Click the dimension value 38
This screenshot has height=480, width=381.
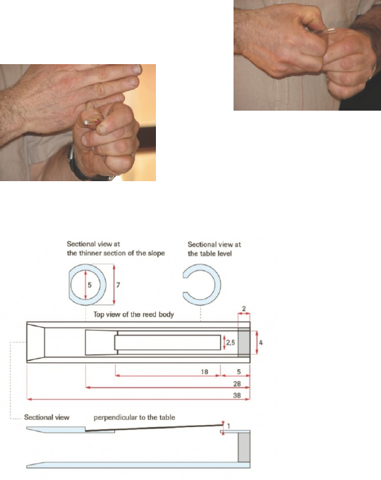pyautogui.click(x=237, y=395)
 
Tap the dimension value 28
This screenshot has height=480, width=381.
pyautogui.click(x=237, y=384)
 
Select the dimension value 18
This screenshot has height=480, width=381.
pyautogui.click(x=205, y=372)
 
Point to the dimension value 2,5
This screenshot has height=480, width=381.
pyautogui.click(x=231, y=343)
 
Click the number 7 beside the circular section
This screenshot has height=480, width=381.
pyautogui.click(x=118, y=285)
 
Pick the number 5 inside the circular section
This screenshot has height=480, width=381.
pyautogui.click(x=90, y=285)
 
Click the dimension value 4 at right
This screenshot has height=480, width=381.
pyautogui.click(x=261, y=343)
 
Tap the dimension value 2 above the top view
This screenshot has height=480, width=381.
pyautogui.click(x=244, y=309)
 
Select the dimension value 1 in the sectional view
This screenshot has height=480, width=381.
pyautogui.click(x=229, y=426)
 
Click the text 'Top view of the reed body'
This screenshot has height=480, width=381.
pyautogui.click(x=133, y=314)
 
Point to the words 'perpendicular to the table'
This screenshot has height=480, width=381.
pyautogui.click(x=134, y=417)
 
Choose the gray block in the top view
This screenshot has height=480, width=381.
pyautogui.click(x=244, y=343)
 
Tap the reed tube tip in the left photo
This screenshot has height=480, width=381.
pyautogui.click(x=87, y=123)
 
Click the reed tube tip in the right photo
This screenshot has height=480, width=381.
pyautogui.click(x=333, y=30)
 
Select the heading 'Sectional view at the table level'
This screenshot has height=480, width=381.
pyautogui.click(x=214, y=249)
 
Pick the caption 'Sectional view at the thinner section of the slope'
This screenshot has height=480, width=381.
pyautogui.click(x=116, y=249)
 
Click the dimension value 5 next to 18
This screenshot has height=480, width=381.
pyautogui.click(x=239, y=372)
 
